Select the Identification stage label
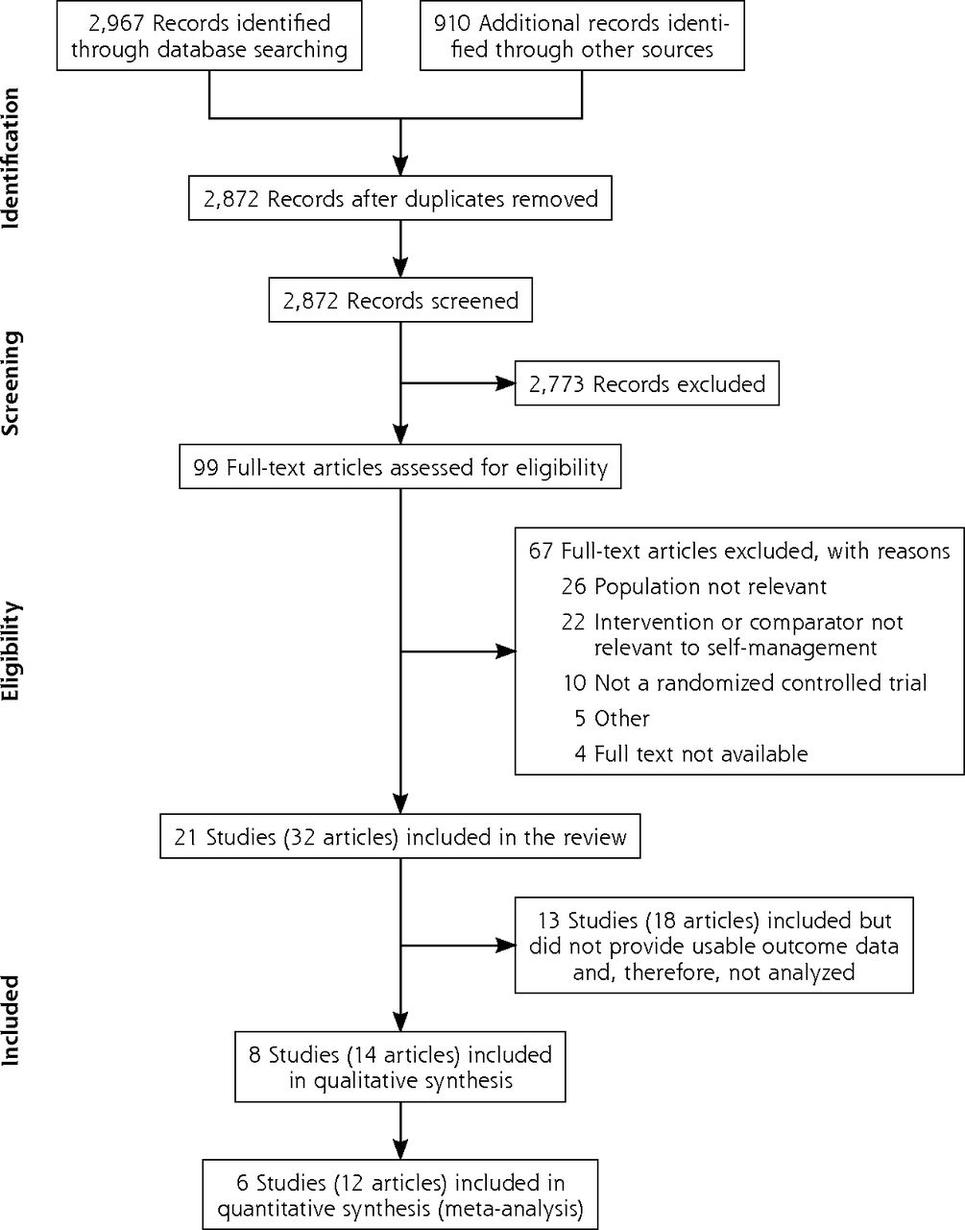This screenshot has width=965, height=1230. point(11,159)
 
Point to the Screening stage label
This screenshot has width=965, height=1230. point(11,383)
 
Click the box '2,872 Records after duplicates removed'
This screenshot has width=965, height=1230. point(400,199)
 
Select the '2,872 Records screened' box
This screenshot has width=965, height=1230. point(400,300)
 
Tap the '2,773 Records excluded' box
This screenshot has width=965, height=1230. point(647,383)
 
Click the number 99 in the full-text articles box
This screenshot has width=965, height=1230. point(205,468)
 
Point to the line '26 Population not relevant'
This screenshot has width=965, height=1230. point(694,586)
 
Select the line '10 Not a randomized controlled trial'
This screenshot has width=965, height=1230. point(744,682)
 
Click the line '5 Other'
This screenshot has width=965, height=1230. point(613,719)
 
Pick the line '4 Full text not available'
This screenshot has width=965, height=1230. point(690,754)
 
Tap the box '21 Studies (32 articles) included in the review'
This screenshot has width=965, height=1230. point(400,837)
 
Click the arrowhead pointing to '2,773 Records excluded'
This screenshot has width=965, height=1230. point(505,383)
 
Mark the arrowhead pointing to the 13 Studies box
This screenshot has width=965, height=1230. point(505,946)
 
